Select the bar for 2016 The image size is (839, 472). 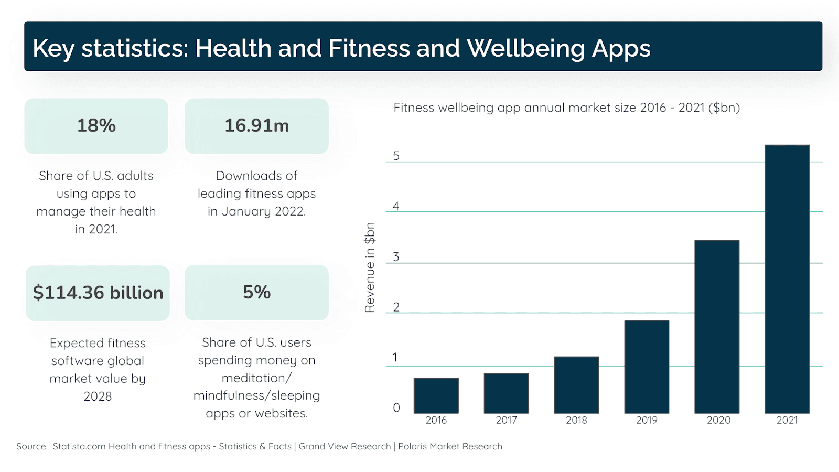(x=436, y=395)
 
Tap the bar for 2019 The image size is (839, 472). (x=647, y=367)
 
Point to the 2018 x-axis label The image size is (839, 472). (x=576, y=420)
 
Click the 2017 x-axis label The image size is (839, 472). (x=506, y=420)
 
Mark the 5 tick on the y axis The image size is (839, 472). (x=396, y=156)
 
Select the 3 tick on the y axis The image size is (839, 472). (x=396, y=256)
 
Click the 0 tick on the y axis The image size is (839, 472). (x=396, y=407)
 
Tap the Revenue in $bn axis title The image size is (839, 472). (x=370, y=267)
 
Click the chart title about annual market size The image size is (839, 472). (x=566, y=108)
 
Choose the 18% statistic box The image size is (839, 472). (x=96, y=126)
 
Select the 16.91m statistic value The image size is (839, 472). (x=256, y=126)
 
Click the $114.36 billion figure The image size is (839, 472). (x=98, y=293)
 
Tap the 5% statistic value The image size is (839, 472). (x=256, y=292)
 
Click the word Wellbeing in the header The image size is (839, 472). (x=526, y=48)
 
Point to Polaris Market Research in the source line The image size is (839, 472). (x=450, y=446)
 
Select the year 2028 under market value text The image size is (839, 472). (x=98, y=396)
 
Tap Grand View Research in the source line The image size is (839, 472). (x=345, y=446)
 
